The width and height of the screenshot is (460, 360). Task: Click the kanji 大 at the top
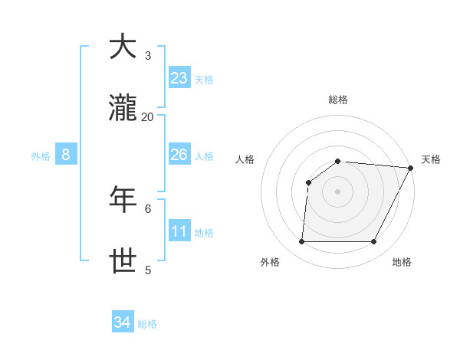coord(123,47)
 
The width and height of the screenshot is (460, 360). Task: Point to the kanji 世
coord(123,261)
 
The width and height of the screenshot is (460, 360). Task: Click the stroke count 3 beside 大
coord(148,55)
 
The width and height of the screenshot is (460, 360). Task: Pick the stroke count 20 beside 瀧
coord(148,116)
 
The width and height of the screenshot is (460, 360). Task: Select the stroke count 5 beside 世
coord(148,270)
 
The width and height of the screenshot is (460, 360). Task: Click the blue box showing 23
coord(179,78)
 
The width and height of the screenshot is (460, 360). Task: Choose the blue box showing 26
coord(179,155)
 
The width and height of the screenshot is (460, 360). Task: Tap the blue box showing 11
coord(179,231)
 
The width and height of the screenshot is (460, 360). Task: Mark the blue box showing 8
coord(66,155)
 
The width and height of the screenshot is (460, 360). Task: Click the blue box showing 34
coord(123,322)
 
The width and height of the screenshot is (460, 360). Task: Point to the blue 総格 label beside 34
coord(147,324)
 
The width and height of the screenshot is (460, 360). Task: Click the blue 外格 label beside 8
coord(41,156)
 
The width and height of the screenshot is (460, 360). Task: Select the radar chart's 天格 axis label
coord(432,159)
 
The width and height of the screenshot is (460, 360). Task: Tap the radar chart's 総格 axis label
coord(338,100)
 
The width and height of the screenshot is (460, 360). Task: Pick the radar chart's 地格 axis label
coord(402,263)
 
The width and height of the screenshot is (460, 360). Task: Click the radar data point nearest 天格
coord(411,168)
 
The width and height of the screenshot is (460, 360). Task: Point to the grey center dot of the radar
coord(337,191)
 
